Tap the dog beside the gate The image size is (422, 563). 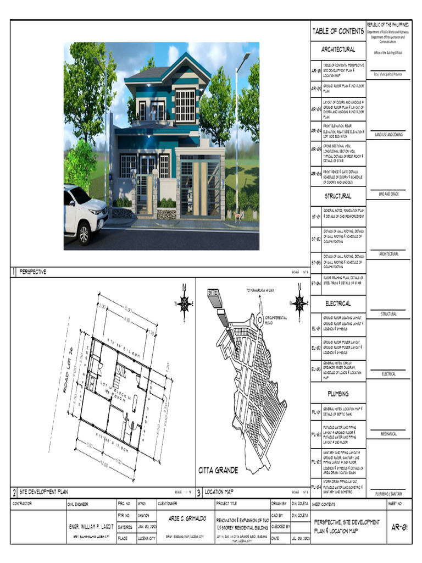(x=238, y=217)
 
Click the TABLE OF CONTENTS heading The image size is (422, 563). (x=337, y=31)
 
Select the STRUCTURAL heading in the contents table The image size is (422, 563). (x=337, y=196)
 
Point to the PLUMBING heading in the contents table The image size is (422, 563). (x=337, y=394)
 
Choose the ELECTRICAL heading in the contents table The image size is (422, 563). (x=337, y=303)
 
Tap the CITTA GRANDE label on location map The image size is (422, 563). (x=218, y=470)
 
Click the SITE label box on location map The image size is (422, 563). (x=213, y=294)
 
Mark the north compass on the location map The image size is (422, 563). (x=299, y=302)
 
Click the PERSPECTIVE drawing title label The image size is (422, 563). (x=33, y=272)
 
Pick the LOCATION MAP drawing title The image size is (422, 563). (x=219, y=492)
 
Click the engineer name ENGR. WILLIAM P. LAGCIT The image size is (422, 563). (x=90, y=526)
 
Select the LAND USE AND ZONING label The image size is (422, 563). (x=389, y=134)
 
